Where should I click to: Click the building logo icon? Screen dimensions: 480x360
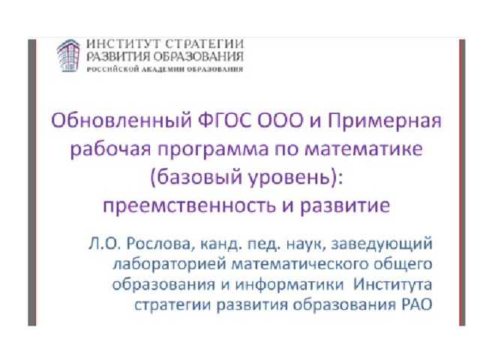[68, 55]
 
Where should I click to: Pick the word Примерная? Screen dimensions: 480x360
[385, 121]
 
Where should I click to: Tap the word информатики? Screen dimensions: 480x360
[289, 285]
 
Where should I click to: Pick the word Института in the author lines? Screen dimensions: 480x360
[393, 285]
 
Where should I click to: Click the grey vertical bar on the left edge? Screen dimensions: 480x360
[31, 182]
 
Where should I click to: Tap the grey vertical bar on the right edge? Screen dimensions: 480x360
[462, 182]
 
